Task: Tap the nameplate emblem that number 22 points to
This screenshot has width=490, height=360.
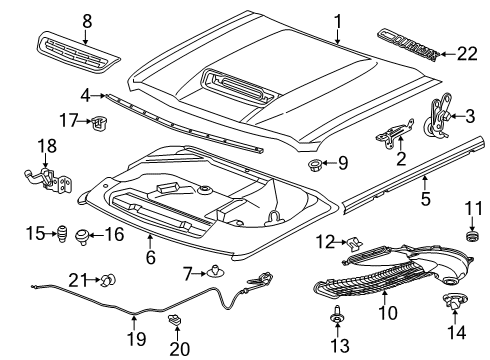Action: (408, 45)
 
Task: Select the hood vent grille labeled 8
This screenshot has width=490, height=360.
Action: (78, 51)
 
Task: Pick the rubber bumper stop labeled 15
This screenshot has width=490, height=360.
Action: (62, 234)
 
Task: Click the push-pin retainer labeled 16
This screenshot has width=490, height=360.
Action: (82, 236)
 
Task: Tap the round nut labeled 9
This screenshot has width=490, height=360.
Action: (314, 165)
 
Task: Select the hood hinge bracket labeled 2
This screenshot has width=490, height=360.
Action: (395, 133)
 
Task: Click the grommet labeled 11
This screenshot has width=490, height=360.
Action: (472, 235)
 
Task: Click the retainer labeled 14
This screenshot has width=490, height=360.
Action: (454, 301)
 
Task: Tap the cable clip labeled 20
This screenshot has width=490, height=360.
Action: (174, 319)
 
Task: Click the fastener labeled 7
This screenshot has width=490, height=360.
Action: (215, 271)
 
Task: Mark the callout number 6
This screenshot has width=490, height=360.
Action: (150, 257)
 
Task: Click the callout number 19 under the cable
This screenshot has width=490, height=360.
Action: (137, 338)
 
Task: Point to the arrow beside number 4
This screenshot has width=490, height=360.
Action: (98, 96)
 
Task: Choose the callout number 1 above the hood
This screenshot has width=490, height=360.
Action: (338, 21)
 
